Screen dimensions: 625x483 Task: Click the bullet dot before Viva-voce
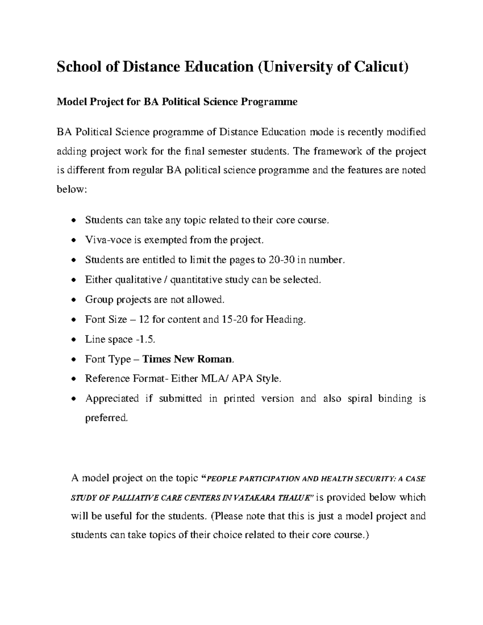pos(73,241)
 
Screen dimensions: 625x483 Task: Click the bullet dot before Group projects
pos(73,300)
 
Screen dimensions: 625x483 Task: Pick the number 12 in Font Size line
pos(144,320)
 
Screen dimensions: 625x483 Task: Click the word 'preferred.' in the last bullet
pos(106,418)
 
